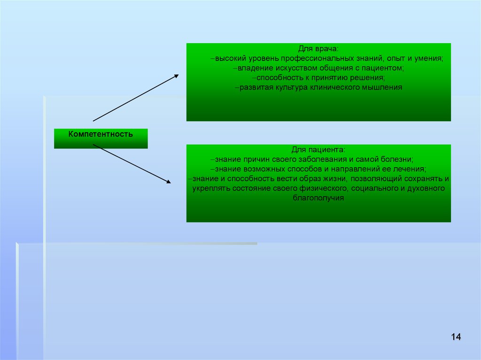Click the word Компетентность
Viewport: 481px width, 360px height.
coord(101,134)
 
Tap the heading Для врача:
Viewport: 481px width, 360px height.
coord(318,49)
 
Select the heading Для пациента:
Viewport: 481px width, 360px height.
coord(318,150)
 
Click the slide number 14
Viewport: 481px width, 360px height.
coord(456,337)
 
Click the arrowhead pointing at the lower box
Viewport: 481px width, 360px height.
coord(169,182)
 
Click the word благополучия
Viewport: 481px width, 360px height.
coord(318,198)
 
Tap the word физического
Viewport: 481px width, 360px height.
coord(323,188)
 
